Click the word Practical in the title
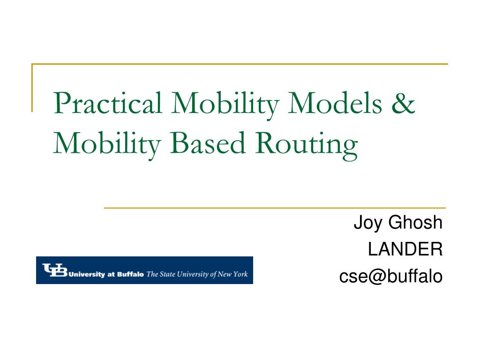107,103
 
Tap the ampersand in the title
404,103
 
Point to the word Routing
307,146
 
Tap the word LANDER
405,249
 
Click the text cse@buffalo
391,276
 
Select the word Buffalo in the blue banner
130,274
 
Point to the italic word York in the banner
240,274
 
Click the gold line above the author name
275,208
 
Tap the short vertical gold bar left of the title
32,88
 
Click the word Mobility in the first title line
225,104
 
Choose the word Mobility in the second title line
107,144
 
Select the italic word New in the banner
225,274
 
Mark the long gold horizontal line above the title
240,64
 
